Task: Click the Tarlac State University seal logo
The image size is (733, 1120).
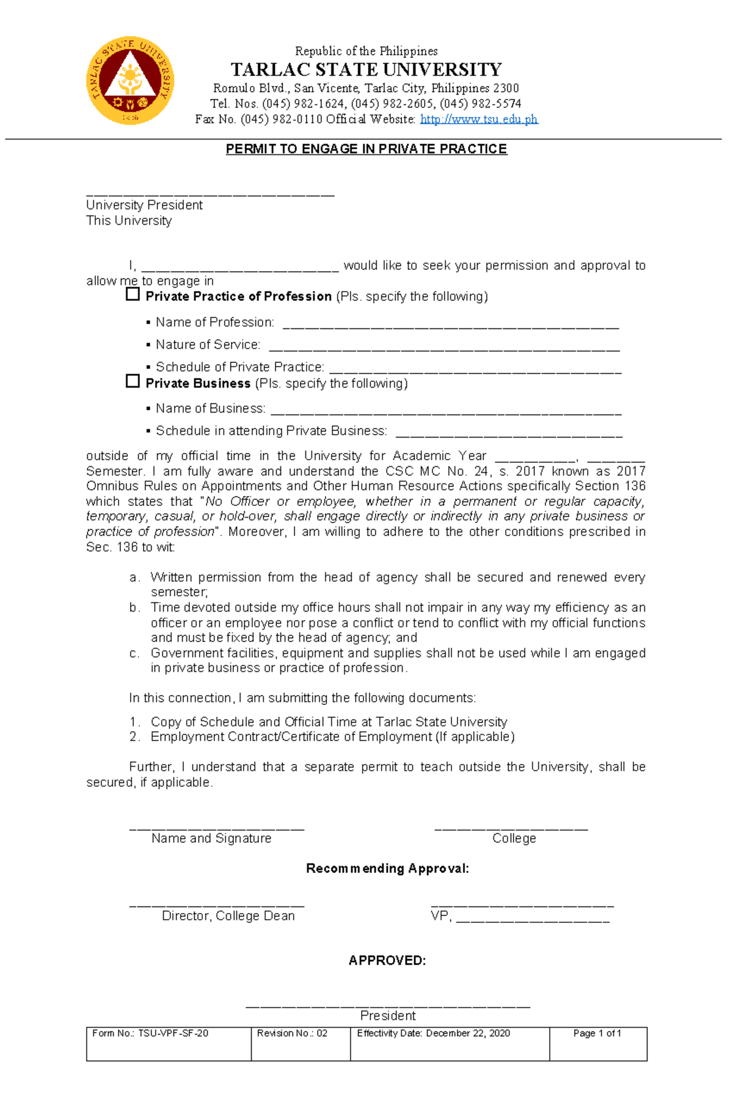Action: pos(130,80)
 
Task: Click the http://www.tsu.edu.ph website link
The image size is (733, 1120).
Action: pos(479,119)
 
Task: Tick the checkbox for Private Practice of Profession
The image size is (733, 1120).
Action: pos(133,295)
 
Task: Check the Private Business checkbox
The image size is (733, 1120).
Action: pos(133,381)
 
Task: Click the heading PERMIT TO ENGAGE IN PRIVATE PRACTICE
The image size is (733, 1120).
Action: pos(366,149)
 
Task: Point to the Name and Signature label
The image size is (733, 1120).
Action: pos(211,839)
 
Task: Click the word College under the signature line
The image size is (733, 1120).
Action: pos(514,839)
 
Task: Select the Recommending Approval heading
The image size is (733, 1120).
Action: pos(387,869)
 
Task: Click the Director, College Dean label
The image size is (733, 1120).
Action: pos(228,916)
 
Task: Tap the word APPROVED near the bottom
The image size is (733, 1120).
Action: pos(387,961)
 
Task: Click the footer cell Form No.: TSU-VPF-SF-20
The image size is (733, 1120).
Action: pos(150,1033)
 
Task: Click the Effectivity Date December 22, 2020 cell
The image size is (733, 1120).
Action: pos(433,1033)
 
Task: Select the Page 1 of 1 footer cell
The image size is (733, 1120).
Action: pos(597,1033)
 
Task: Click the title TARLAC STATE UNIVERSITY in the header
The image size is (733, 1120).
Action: pos(366,69)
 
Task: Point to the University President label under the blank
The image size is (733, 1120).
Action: pos(144,205)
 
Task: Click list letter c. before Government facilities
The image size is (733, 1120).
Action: pos(134,653)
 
